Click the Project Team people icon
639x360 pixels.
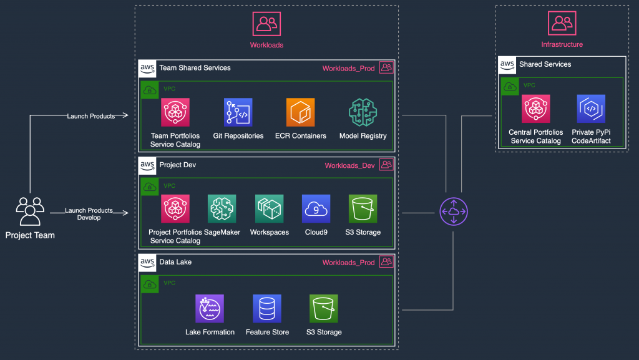[30, 212]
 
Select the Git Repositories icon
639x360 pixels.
[238, 112]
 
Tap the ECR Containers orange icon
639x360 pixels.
[300, 112]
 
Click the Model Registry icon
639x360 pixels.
[363, 112]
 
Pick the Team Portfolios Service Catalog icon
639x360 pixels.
[175, 112]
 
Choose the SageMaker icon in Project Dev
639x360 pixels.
[222, 208]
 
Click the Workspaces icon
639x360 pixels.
[269, 208]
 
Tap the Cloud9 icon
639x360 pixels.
[316, 208]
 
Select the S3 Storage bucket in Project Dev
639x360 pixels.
[363, 208]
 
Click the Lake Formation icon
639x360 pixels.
[210, 308]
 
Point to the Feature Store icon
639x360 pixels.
[267, 308]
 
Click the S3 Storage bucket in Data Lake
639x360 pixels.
[323, 308]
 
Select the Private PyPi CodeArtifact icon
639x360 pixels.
[591, 109]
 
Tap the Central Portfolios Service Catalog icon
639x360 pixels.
[535, 109]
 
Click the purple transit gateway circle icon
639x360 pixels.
[453, 212]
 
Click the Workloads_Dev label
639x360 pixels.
[349, 165]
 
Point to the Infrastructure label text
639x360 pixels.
[562, 44]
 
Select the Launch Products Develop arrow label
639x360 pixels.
[89, 214]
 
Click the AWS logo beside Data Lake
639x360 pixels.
[147, 263]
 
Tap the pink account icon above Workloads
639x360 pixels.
[266, 24]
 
